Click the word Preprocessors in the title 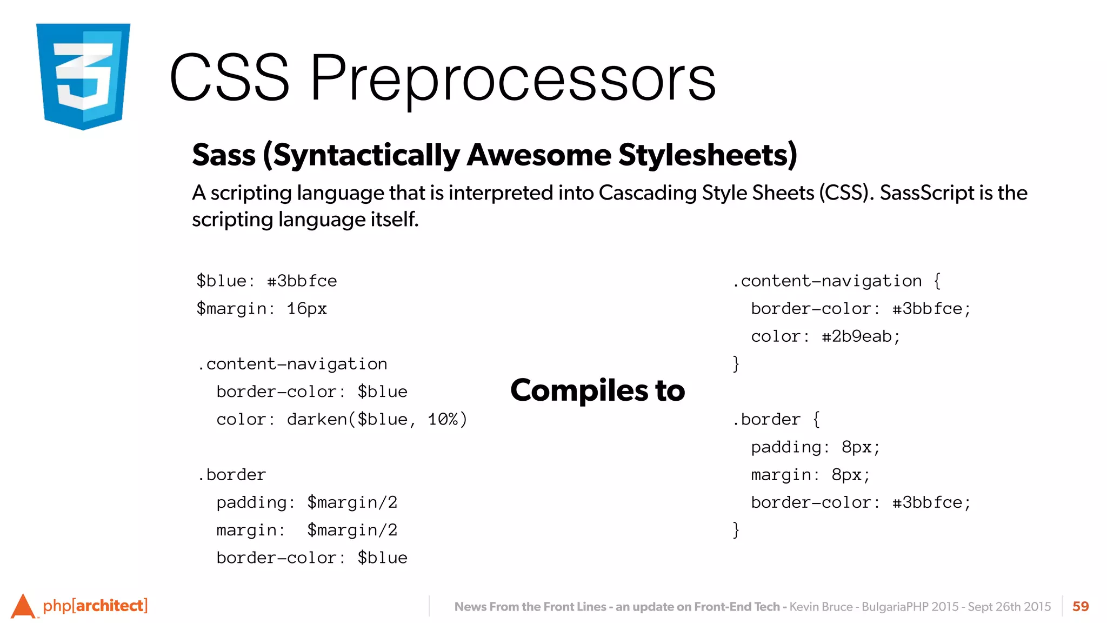pos(512,78)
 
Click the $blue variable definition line pos(266,281)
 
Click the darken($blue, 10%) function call pos(377,420)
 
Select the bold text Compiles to pos(597,390)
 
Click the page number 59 pos(1080,606)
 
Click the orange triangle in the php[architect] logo pos(23,606)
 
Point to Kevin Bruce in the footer pos(821,607)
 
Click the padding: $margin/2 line pos(306,502)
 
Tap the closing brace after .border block pos(736,529)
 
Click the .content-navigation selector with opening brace pos(837,281)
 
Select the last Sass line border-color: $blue pos(311,558)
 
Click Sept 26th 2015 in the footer pos(1009,607)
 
